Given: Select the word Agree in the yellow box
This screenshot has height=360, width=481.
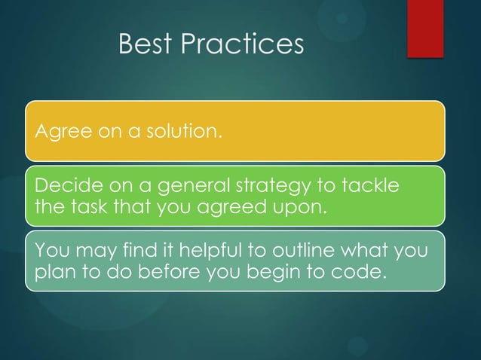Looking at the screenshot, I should point(56,133).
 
